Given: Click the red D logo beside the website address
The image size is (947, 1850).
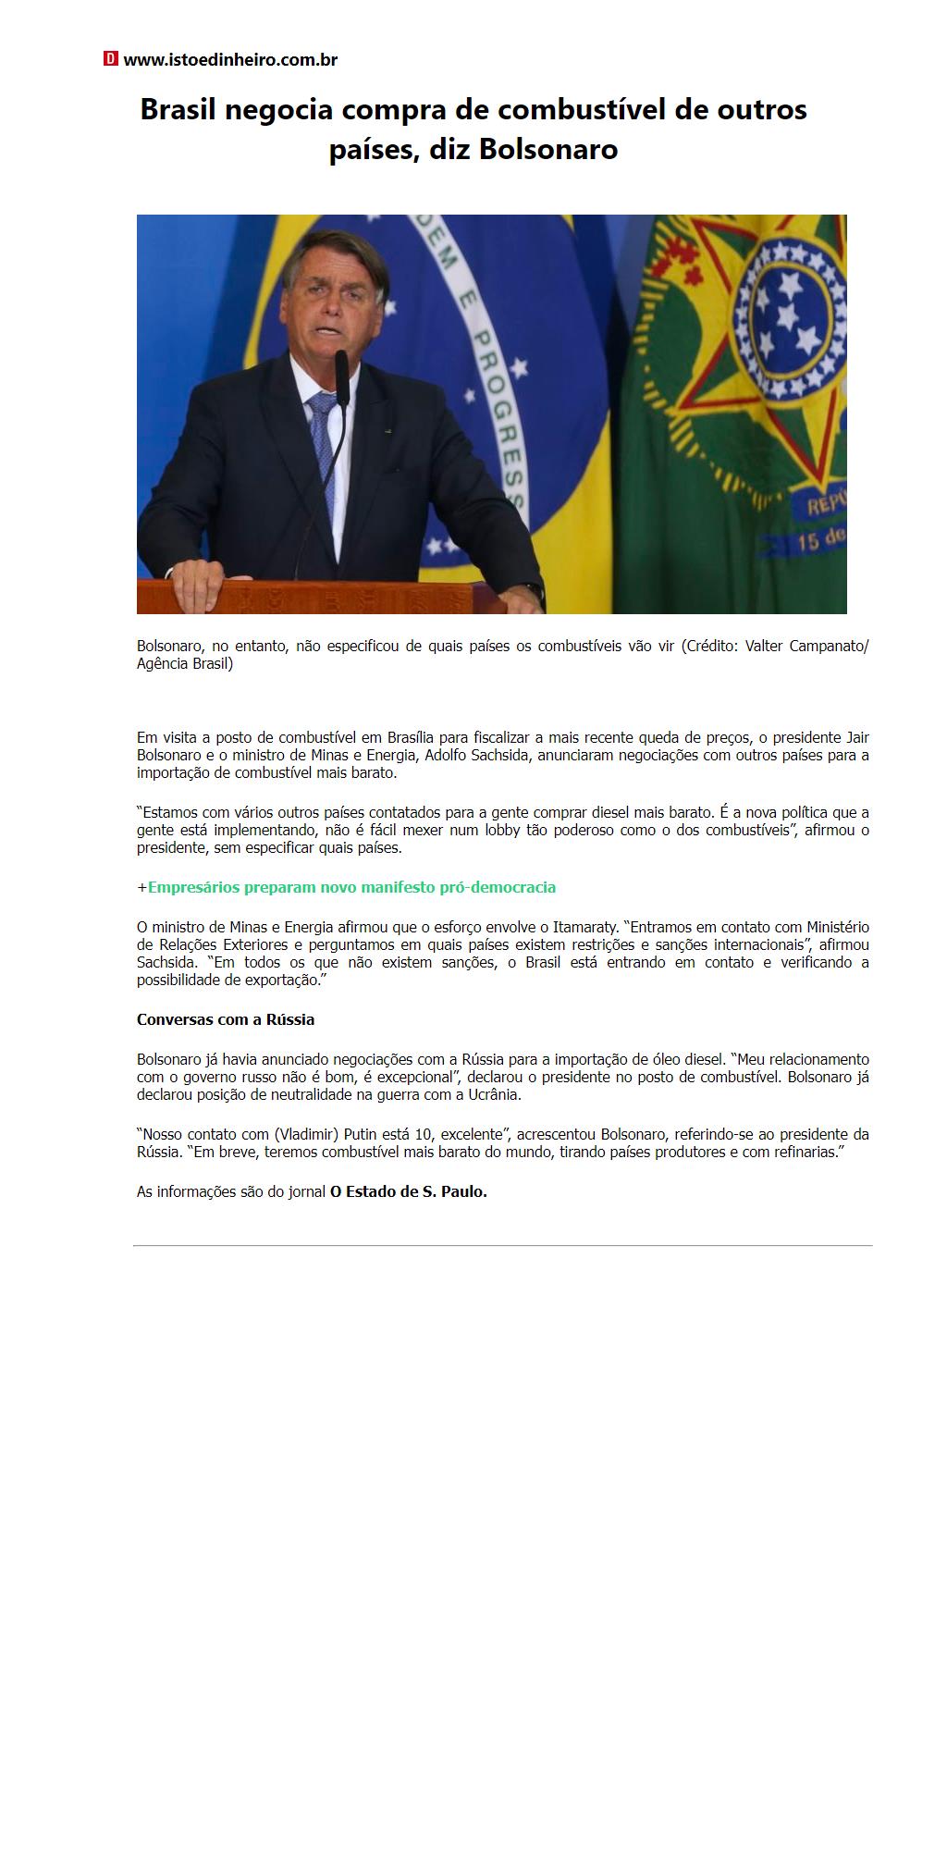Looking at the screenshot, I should (111, 59).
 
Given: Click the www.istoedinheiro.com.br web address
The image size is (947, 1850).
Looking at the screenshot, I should (230, 60).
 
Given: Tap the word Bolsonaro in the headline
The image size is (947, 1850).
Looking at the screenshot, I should (548, 149).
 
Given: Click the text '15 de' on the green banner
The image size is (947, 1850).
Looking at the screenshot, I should (820, 538).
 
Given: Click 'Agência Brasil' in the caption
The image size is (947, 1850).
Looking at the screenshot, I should (184, 664).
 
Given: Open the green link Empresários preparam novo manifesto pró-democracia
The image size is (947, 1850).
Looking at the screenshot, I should (351, 888).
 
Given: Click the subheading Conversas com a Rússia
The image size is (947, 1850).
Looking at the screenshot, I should (226, 1020).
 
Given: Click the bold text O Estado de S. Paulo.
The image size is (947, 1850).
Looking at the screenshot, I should (408, 1192).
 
